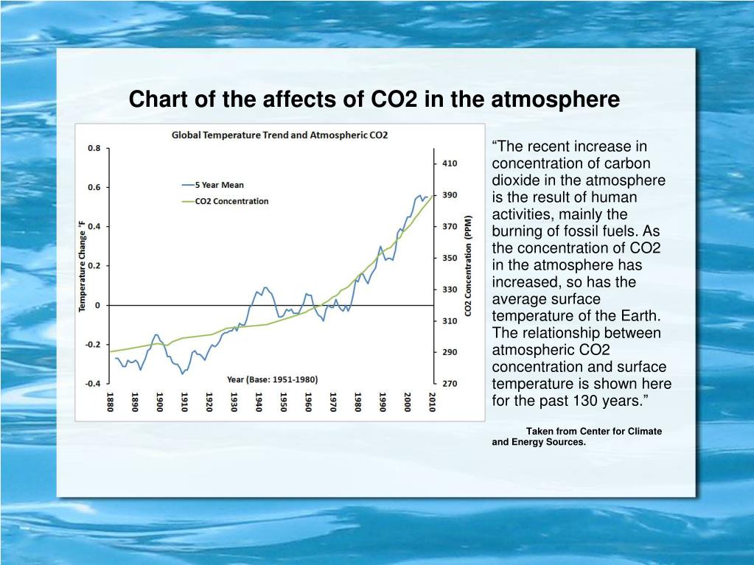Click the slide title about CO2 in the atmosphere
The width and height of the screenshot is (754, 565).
pyautogui.click(x=374, y=99)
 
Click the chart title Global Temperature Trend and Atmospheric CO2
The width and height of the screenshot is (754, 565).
pyautogui.click(x=279, y=135)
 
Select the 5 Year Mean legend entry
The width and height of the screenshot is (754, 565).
pyautogui.click(x=218, y=185)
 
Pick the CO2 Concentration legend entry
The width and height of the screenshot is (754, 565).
pyautogui.click(x=231, y=201)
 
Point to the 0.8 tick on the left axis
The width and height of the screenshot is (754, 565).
pyautogui.click(x=94, y=148)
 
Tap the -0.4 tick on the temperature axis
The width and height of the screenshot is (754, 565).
pyautogui.click(x=92, y=384)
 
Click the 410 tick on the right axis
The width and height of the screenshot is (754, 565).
pyautogui.click(x=450, y=164)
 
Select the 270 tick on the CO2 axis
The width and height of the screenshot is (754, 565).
pyautogui.click(x=450, y=384)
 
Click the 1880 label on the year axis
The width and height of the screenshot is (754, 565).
pyautogui.click(x=110, y=403)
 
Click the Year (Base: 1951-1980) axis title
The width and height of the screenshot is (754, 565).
pyautogui.click(x=272, y=380)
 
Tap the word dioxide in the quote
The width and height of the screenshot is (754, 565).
pyautogui.click(x=513, y=180)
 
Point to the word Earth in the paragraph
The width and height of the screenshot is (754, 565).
pyautogui.click(x=640, y=316)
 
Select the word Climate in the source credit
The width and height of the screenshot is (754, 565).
pyautogui.click(x=639, y=431)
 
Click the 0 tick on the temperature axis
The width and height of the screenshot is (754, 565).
pyautogui.click(x=98, y=305)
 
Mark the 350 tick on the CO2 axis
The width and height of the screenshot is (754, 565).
pyautogui.click(x=450, y=258)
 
